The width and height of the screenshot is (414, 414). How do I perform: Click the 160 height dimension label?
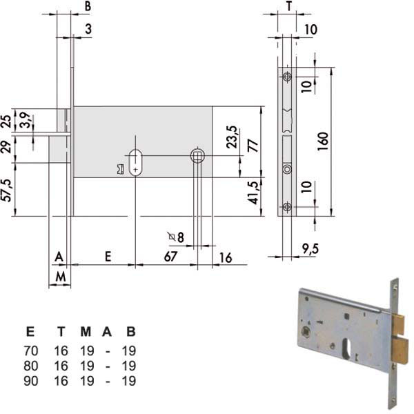point(323,141)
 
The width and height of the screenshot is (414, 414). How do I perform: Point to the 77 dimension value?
point(253,146)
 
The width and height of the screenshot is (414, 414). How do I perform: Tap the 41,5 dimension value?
point(253,193)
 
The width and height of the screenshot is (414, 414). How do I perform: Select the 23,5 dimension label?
point(232,137)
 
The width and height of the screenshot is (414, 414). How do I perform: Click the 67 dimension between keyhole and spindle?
point(170,257)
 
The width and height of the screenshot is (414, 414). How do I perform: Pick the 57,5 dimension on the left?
point(7,190)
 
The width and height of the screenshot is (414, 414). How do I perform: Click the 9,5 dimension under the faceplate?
point(310,249)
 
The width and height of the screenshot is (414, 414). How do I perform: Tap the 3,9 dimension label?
point(26,120)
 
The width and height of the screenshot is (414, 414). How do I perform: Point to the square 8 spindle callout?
point(176,237)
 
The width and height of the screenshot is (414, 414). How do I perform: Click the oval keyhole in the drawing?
point(135,163)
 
